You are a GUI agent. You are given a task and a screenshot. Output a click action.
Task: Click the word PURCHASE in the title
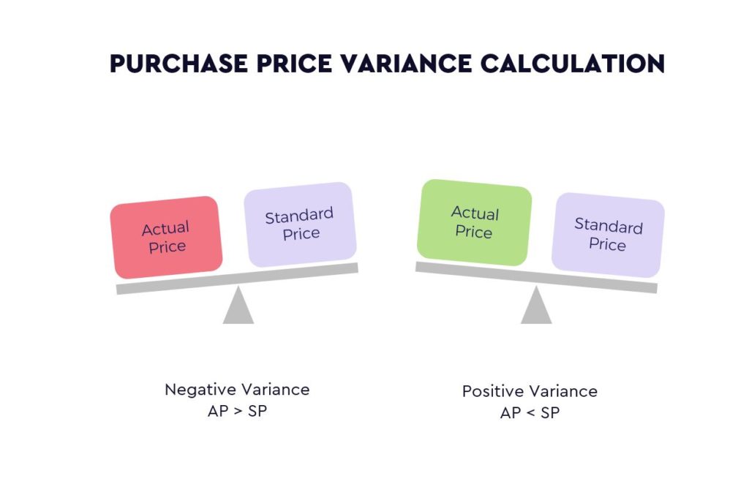(178, 64)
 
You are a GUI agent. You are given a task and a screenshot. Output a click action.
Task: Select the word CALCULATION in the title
(573, 64)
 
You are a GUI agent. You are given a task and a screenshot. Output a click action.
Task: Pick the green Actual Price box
(474, 222)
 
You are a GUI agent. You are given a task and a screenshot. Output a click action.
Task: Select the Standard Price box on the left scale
(300, 224)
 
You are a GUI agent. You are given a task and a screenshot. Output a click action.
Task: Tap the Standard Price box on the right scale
(608, 235)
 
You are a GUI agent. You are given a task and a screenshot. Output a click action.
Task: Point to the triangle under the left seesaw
(238, 306)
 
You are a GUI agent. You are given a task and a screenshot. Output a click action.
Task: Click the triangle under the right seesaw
(536, 306)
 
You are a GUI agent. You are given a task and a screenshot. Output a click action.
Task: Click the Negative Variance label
(237, 390)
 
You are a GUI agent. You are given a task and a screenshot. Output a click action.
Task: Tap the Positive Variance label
(530, 391)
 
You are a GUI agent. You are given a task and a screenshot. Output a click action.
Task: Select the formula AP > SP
(237, 411)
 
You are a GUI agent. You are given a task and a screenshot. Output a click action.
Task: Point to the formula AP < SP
(530, 413)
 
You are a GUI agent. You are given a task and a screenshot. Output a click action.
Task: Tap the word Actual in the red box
(165, 229)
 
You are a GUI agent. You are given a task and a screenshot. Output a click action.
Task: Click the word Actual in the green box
(475, 213)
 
